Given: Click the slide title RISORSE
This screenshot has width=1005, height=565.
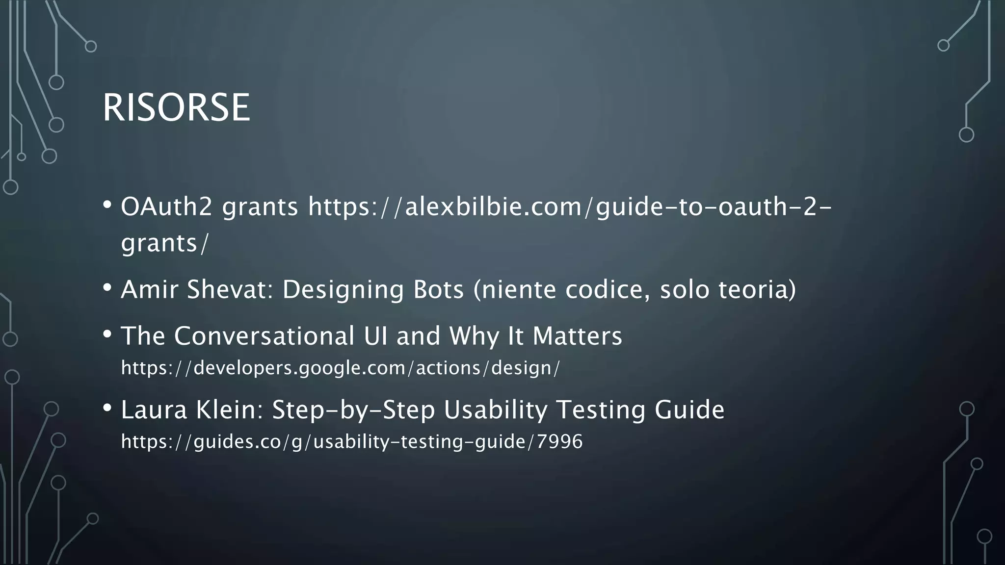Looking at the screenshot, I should click(176, 107).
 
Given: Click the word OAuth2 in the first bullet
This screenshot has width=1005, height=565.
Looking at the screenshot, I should click(166, 206).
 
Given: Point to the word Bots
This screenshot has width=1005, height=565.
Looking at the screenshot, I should click(438, 289).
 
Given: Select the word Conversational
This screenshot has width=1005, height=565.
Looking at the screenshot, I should click(264, 336).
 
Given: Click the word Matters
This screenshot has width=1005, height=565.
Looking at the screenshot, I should click(577, 336).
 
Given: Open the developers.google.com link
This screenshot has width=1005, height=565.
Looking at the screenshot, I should click(340, 368).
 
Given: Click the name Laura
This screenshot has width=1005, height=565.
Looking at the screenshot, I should click(154, 410).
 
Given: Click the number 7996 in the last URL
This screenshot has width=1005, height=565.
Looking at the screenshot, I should click(559, 441).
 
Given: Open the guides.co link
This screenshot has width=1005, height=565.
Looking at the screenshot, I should click(351, 441).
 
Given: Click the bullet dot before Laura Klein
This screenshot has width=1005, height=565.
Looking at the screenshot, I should click(107, 408).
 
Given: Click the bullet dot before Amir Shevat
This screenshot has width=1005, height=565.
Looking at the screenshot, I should click(107, 288).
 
